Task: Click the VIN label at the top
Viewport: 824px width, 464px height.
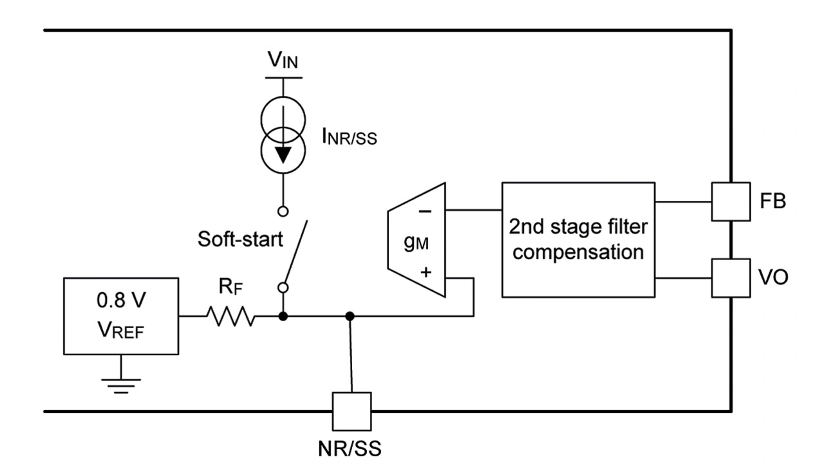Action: coord(283,62)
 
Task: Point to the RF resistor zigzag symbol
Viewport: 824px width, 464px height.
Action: coord(230,316)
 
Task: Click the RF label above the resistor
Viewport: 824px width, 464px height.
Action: coord(230,288)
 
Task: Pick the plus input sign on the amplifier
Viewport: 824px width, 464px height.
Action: coord(426,273)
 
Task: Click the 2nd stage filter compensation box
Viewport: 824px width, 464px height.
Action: coord(578,239)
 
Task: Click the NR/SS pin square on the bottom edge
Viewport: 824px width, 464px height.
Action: coord(351,411)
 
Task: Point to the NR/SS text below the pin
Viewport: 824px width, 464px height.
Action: coord(350,448)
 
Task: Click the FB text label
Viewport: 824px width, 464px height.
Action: coord(771,201)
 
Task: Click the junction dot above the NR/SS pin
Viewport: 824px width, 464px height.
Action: coord(350,316)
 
